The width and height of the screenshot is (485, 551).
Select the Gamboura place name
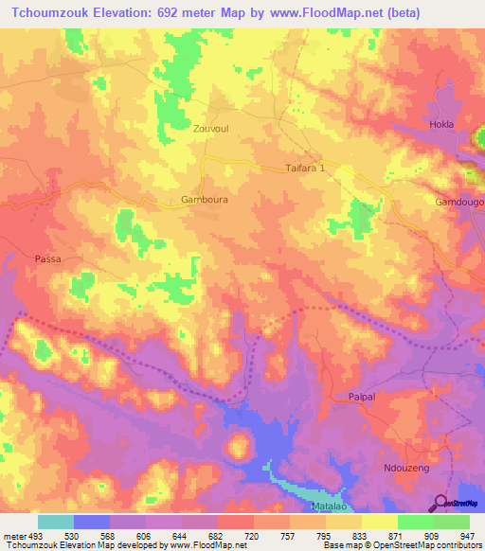click(x=204, y=200)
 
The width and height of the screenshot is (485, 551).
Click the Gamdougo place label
click(x=458, y=203)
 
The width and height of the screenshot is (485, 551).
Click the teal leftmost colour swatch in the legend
click(x=56, y=522)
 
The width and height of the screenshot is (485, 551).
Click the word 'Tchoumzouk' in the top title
click(x=48, y=13)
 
